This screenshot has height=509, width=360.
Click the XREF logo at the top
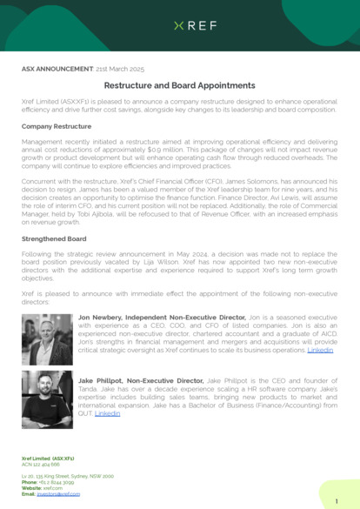tap(180, 26)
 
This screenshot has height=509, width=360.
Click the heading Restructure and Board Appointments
tap(180, 86)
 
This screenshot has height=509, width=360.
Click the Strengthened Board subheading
tap(54, 238)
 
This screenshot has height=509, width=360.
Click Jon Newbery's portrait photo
tap(47, 340)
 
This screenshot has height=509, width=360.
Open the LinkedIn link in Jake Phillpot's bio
tap(107, 413)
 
